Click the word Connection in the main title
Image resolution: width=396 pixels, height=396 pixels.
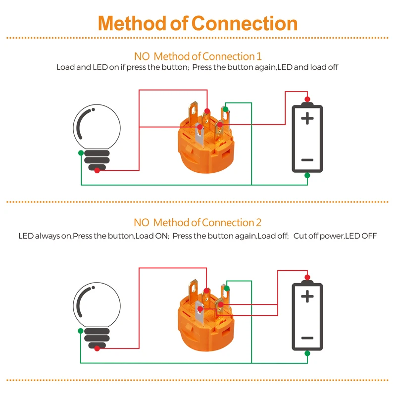pos(245,23)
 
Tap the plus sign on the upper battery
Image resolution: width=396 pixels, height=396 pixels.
pos(307,118)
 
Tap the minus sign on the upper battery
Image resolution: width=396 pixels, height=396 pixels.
pos(307,160)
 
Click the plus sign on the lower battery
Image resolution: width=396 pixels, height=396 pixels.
pos(307,297)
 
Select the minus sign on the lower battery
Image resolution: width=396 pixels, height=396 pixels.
pos(307,338)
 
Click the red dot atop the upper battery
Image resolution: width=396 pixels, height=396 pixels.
pos(307,99)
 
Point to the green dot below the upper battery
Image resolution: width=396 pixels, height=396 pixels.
pos(307,175)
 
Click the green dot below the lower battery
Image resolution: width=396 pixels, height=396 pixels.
pos(307,353)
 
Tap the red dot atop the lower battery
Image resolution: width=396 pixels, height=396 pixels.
pos(307,277)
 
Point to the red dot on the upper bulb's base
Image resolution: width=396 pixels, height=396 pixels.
pos(97,170)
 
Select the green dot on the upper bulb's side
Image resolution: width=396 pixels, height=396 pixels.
pos(80,153)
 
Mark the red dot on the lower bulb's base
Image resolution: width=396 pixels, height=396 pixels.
pos(97,348)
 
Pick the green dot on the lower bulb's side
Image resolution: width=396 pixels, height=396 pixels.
pos(80,331)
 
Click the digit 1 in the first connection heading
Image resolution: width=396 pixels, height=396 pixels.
pos(258,56)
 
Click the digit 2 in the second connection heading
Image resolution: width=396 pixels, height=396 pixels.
pos(258,223)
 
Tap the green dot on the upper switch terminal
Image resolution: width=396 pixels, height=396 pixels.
pos(226,109)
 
